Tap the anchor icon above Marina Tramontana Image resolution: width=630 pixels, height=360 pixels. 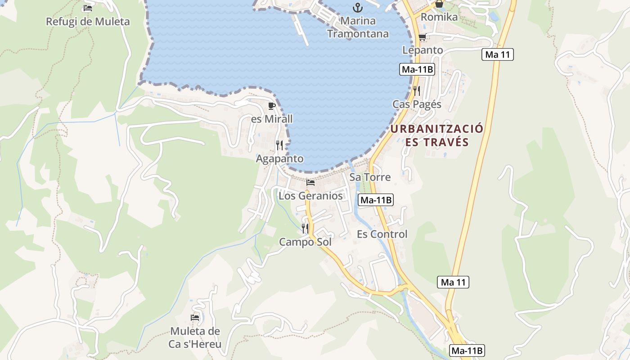pos(358,8)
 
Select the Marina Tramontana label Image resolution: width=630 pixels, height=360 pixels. pos(358,27)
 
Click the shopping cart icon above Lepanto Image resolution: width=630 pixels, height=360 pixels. pos(422,37)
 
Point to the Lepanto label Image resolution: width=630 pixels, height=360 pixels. pos(423,50)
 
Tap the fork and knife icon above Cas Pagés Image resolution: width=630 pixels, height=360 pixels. pos(417,91)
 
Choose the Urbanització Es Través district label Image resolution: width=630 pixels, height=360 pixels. pos(436,135)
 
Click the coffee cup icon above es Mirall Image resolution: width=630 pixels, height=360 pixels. pos(271,106)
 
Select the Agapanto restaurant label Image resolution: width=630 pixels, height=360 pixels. pos(279,159)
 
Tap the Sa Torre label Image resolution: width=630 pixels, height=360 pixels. pos(370,177)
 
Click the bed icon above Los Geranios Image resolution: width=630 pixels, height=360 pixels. pos(310,183)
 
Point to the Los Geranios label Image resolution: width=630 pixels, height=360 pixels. pos(310,196)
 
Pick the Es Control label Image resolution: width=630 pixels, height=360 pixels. pos(382,234)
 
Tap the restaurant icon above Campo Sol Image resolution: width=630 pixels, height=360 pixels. pos(305,229)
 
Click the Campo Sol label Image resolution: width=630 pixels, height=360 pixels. pos(305,242)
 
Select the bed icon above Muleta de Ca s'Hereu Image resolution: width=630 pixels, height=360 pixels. pos(195,318)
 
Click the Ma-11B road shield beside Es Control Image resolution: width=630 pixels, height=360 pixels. pos(376,200)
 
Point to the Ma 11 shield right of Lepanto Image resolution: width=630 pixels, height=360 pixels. pos(497,55)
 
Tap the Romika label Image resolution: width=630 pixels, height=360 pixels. pos(439,17)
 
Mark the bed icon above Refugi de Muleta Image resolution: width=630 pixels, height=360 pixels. pos(88,8)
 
